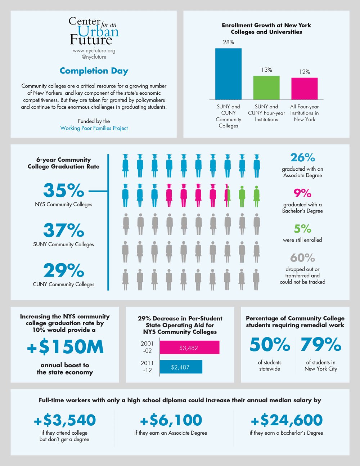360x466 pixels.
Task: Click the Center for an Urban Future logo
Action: pos(94,31)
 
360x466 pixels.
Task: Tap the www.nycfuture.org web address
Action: pos(94,51)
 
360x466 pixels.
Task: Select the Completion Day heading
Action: pos(94,71)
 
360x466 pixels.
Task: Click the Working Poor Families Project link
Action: pos(94,128)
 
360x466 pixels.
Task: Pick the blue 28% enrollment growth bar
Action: pos(228,74)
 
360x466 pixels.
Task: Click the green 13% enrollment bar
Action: pos(266,88)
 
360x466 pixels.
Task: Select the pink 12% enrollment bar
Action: pos(305,89)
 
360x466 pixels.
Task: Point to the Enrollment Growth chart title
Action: pos(266,28)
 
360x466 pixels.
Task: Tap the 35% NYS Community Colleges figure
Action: pos(64,191)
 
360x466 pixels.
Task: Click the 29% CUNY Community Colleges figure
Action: pos(64,270)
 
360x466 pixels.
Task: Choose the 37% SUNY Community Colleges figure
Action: pos(64,230)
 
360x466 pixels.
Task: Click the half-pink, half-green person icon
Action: pos(227,196)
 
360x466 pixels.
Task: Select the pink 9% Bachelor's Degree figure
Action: pos(302,193)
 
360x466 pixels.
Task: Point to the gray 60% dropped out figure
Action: pos(302,258)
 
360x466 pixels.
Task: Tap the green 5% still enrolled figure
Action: pos(302,229)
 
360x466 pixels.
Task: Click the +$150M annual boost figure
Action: pos(65,347)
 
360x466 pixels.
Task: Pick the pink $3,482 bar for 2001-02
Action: pos(189,348)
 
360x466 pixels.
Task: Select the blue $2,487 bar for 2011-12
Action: pos(181,367)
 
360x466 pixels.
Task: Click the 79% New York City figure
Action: pos(321,345)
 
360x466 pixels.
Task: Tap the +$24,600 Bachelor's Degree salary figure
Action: pos(287,420)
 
